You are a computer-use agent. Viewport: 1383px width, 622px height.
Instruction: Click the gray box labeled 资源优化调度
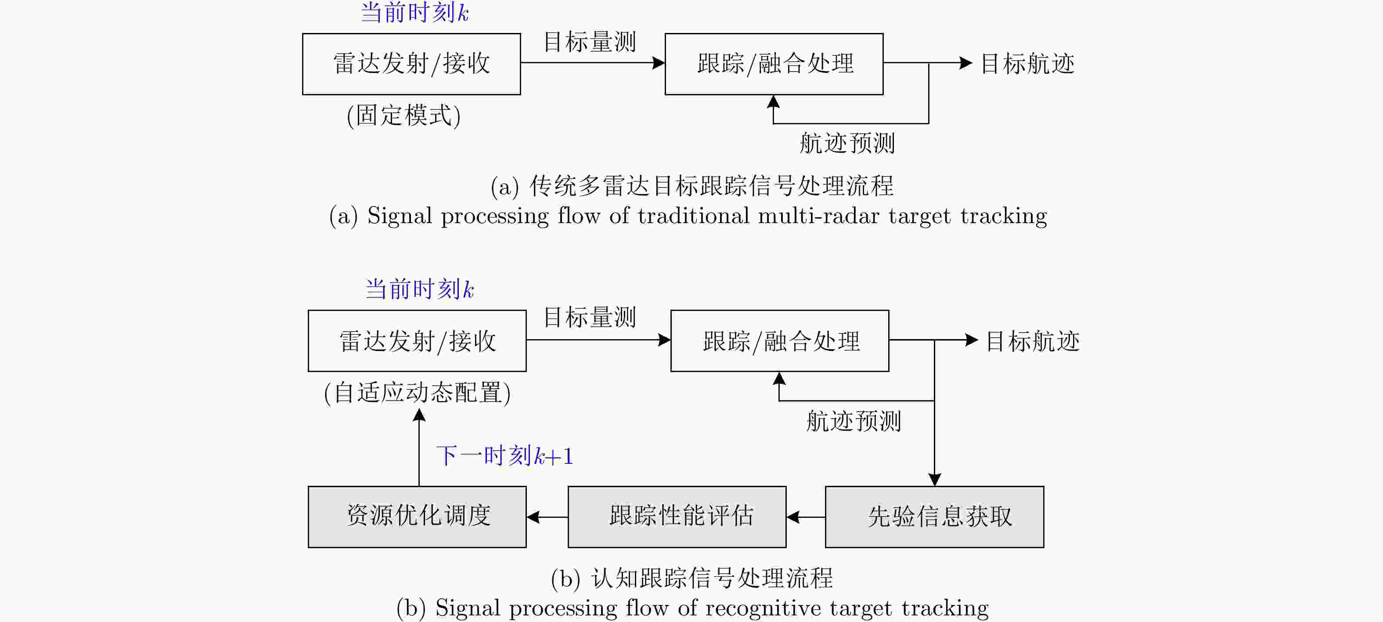[x=417, y=517]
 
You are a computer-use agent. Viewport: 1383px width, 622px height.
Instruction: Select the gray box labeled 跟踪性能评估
[x=677, y=517]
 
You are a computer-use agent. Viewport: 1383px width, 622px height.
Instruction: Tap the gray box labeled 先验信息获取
[x=934, y=517]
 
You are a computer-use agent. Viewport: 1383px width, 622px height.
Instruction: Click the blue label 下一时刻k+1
[x=504, y=456]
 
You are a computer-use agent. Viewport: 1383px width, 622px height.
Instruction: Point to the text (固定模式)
[x=404, y=116]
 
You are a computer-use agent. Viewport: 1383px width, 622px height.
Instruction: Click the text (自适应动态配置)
[x=417, y=393]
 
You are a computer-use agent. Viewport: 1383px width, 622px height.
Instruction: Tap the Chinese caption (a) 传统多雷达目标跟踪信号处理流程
[x=692, y=186]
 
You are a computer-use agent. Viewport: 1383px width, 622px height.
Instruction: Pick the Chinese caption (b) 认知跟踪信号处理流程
[x=692, y=578]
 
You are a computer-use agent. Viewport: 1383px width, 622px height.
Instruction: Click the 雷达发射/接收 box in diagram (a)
[x=411, y=64]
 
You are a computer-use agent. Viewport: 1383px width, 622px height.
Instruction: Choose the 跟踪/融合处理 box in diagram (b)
[x=780, y=340]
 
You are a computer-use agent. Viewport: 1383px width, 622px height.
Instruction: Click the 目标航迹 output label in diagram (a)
[x=1027, y=64]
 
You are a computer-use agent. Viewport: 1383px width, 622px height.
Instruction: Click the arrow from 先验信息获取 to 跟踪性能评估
[x=805, y=517]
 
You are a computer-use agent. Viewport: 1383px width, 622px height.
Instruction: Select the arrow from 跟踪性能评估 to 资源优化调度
[x=547, y=517]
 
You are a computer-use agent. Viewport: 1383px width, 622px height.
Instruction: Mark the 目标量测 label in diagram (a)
[x=590, y=42]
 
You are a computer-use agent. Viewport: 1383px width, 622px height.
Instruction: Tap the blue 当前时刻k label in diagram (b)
[x=419, y=289]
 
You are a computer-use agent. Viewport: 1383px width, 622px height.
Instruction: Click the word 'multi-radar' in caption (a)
[x=819, y=216]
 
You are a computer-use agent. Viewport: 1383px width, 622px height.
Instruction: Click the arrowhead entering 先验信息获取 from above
[x=934, y=480]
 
